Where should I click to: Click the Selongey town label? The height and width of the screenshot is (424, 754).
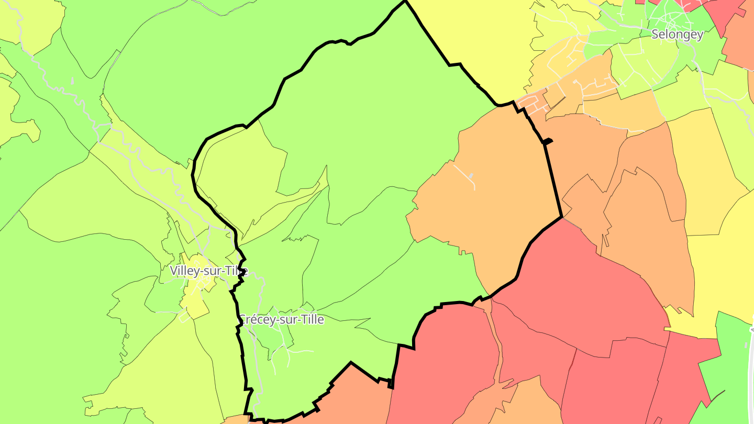click(x=677, y=35)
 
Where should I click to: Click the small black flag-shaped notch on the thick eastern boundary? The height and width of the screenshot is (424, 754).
click(x=547, y=141)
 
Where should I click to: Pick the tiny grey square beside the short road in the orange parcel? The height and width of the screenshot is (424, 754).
click(x=471, y=174)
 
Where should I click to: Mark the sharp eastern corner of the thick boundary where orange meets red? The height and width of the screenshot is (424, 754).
click(x=561, y=217)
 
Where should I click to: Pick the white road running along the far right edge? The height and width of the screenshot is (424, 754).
click(x=751, y=377)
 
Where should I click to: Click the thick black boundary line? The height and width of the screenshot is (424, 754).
click(x=553, y=178)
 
